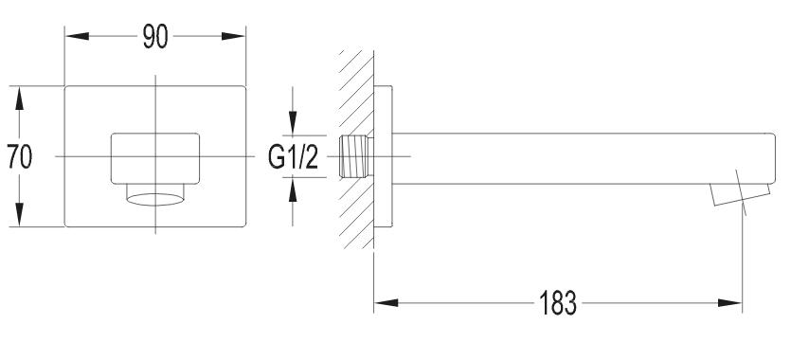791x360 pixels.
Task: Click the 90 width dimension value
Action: pos(154,36)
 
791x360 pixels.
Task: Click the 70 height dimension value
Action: pos(20,156)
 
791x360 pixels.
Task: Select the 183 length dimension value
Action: pos(557,303)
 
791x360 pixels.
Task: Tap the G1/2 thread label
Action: pos(293,157)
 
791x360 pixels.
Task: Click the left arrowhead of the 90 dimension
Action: pos(77,36)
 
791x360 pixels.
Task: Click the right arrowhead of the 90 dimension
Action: pos(233,36)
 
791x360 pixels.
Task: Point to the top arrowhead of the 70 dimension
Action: pos(20,99)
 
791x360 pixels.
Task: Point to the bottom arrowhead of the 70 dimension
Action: pos(20,214)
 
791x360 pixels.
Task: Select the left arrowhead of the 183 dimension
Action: pos(386,302)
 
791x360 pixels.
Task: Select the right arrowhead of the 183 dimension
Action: pos(730,302)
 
